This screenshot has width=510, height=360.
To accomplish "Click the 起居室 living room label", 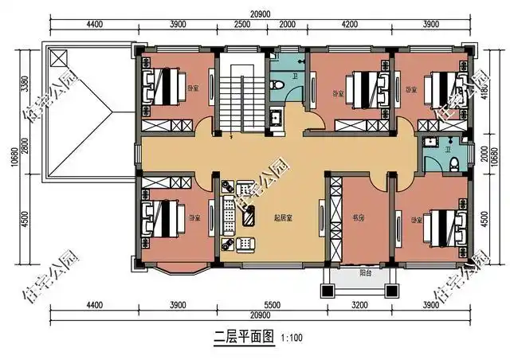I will (x=280, y=217).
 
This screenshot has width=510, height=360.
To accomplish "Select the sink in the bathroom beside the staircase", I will (x=277, y=119).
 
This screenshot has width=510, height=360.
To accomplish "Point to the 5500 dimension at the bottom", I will (x=272, y=304).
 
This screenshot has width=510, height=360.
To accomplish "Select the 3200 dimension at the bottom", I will (x=362, y=304).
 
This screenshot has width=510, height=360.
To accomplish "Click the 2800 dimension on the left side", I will (x=26, y=149).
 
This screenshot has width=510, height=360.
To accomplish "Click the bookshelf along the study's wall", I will (x=335, y=221).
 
